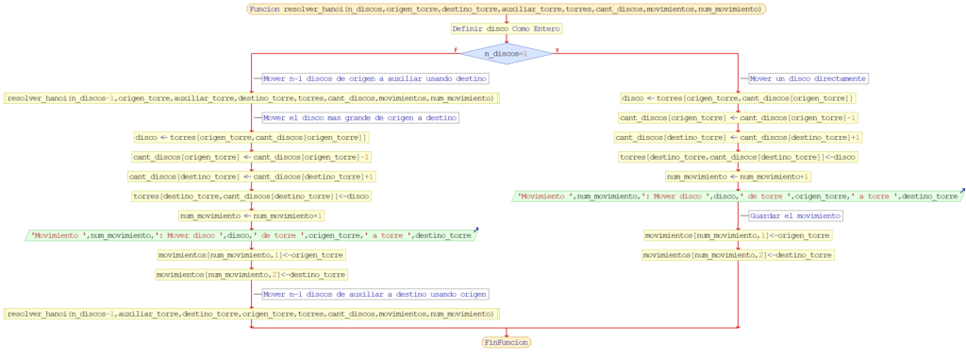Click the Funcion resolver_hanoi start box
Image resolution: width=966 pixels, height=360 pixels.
coord(507,9)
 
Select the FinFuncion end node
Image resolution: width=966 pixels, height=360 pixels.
coord(507,341)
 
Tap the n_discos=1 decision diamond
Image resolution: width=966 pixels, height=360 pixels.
coord(507,53)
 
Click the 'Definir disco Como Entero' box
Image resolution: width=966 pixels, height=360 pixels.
coord(507,28)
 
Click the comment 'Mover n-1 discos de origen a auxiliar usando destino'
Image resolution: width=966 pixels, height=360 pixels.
coord(375,78)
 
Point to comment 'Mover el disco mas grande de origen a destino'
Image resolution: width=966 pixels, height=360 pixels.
coord(359,117)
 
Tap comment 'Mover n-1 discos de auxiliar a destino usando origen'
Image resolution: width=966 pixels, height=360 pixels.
coord(375,294)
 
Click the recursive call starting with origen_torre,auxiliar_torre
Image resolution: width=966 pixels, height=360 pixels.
coord(252,97)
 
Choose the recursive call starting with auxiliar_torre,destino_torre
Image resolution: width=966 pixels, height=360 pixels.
coord(252,313)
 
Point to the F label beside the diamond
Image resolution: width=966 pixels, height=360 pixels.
coord(456,50)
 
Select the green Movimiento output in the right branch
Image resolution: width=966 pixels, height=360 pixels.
coord(739,196)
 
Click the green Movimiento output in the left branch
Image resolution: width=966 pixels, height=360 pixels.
coord(252,234)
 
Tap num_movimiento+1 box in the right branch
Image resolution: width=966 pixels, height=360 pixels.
coord(739,176)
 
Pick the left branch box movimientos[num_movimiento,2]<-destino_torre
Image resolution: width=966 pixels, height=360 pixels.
coord(252,274)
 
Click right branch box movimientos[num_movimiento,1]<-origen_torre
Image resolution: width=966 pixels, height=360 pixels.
coord(739,235)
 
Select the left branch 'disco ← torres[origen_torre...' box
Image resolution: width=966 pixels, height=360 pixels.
coord(252,137)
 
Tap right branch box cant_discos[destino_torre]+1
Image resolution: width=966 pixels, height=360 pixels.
coord(739,137)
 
